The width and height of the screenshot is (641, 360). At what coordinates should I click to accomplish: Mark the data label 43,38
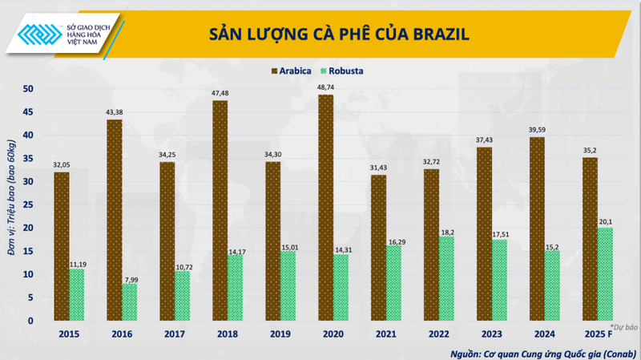point(115,111)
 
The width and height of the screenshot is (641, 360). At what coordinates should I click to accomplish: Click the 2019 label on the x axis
point(280,333)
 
